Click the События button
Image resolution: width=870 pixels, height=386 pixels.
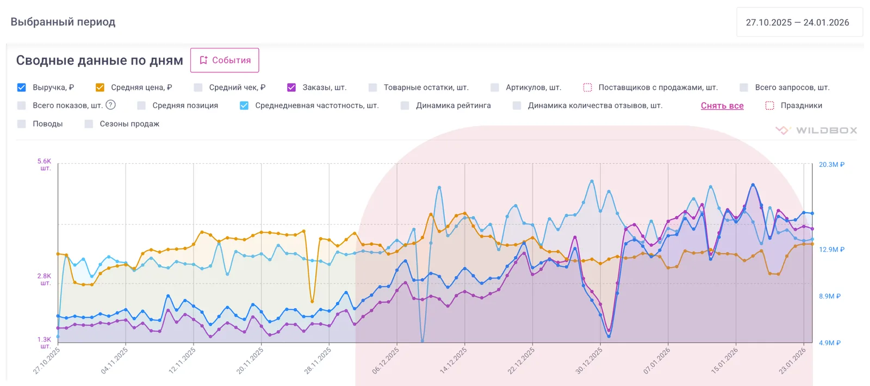click(225, 60)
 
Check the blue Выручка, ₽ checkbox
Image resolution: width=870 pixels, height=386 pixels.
click(22, 88)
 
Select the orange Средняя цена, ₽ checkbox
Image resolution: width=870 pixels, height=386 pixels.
click(100, 88)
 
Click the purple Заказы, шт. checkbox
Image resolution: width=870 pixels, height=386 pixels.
click(291, 88)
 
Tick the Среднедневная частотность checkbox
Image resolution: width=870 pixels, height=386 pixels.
click(244, 105)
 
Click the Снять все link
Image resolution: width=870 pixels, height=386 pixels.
click(722, 105)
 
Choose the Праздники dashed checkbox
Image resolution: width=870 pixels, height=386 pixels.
click(769, 105)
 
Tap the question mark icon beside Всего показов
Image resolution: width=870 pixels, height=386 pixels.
click(111, 105)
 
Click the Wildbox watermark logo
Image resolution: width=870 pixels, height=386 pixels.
click(816, 130)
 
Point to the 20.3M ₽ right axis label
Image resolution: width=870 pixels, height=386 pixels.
click(831, 165)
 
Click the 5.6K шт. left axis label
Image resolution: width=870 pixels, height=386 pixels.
click(45, 165)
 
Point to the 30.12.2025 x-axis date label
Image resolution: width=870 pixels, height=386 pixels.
click(588, 361)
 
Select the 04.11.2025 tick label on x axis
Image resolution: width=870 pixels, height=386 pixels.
click(114, 361)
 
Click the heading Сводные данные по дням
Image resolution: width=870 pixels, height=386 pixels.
click(100, 60)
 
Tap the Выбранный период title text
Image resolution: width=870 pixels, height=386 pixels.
click(63, 22)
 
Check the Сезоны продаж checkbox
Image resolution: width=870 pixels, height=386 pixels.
click(89, 124)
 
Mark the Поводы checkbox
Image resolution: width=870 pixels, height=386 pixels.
click(22, 124)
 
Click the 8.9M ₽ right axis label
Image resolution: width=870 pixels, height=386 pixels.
click(830, 296)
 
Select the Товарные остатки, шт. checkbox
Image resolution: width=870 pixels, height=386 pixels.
click(373, 88)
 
